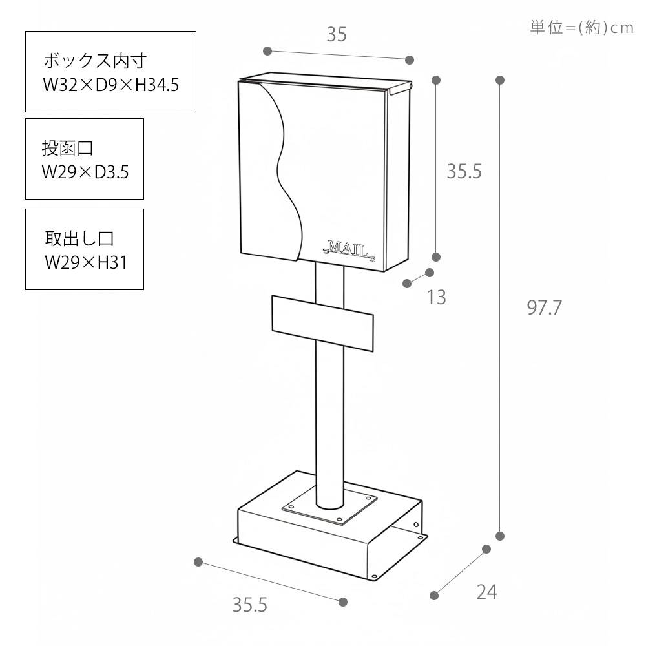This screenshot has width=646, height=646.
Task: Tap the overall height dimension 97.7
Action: [545, 308]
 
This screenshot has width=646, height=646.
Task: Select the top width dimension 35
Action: [336, 35]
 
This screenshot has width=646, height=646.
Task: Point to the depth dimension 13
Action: [437, 297]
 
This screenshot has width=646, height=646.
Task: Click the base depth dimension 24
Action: [486, 591]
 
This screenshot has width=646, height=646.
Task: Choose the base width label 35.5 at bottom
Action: [250, 605]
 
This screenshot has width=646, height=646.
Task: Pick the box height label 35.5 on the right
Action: [464, 172]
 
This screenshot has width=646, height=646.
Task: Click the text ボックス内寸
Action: [96, 61]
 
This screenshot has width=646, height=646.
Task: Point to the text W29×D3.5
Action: [85, 172]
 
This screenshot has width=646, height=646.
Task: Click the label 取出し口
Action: [79, 238]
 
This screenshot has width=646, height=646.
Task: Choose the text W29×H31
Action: [85, 262]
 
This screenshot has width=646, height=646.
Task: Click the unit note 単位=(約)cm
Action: [581, 28]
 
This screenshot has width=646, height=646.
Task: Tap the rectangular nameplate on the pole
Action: [322, 323]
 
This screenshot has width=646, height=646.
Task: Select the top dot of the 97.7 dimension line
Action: [500, 80]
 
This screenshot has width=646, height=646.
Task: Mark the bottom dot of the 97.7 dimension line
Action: [500, 536]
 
